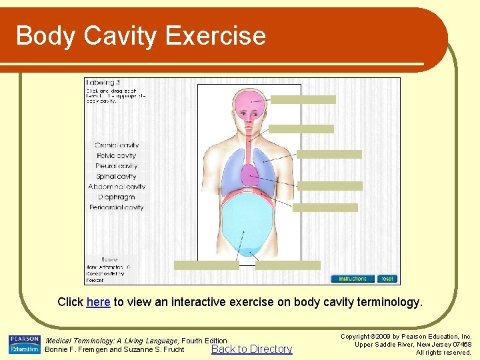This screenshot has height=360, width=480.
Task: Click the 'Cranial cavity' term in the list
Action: [x=117, y=145]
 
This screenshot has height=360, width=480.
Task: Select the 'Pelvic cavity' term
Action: [x=117, y=156]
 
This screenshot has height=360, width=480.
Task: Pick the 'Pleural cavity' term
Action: [x=117, y=166]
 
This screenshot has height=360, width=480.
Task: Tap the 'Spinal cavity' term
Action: [x=117, y=177]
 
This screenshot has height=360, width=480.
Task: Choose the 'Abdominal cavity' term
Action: [x=117, y=187]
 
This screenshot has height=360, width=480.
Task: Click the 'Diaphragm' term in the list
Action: [x=117, y=197]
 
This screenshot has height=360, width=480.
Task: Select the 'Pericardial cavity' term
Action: [x=117, y=207]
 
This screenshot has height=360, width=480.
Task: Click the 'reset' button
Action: [x=387, y=279]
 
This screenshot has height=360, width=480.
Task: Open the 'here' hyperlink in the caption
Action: [x=98, y=302]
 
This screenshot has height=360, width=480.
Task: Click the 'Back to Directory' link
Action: [x=251, y=349]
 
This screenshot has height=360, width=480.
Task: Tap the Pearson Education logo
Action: [x=25, y=345]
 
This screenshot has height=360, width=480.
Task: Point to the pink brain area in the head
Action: [x=249, y=101]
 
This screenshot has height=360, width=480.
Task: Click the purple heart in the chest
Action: [x=250, y=176]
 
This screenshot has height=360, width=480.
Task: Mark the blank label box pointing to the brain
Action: [x=303, y=100]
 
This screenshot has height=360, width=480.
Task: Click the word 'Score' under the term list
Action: [x=109, y=259]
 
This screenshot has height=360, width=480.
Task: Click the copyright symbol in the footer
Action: [x=375, y=337]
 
